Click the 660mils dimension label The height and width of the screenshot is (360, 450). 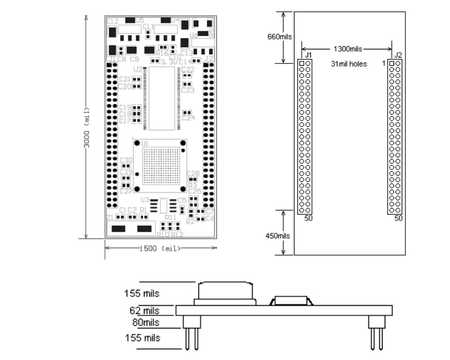280,37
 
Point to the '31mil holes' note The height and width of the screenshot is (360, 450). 349,64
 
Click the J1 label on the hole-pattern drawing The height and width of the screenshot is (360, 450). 308,55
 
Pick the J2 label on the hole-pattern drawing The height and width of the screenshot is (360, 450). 398,55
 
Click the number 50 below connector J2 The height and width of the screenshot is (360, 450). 398,218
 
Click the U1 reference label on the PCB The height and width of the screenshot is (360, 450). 145,143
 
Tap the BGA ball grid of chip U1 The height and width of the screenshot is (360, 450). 161,166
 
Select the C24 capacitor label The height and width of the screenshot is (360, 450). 188,118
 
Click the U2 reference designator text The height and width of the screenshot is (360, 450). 137,70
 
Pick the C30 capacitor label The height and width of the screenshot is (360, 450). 126,160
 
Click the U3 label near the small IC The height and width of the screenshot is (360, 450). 144,200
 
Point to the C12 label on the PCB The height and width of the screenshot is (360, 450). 112,21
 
